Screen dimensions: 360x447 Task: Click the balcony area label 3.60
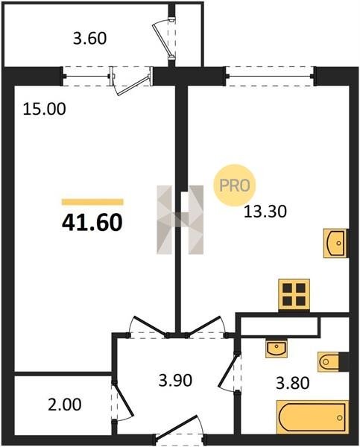89,39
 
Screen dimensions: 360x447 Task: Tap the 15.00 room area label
44,109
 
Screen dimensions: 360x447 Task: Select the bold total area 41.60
92,222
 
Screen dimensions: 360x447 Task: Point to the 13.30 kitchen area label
265,212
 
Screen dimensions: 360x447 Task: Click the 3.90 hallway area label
175,380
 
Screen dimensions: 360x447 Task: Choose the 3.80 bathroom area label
293,383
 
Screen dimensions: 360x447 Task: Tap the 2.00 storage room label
64,405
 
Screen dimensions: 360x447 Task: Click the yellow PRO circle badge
235,186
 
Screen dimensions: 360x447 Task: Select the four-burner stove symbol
294,295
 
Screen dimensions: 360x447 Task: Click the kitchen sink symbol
335,243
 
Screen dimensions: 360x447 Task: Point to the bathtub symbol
312,417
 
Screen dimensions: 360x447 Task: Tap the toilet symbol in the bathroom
333,362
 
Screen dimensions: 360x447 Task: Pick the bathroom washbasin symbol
276,348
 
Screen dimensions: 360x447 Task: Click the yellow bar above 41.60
92,202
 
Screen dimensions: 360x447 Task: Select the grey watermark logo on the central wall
180,220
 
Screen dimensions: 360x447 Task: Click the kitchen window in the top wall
270,76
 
